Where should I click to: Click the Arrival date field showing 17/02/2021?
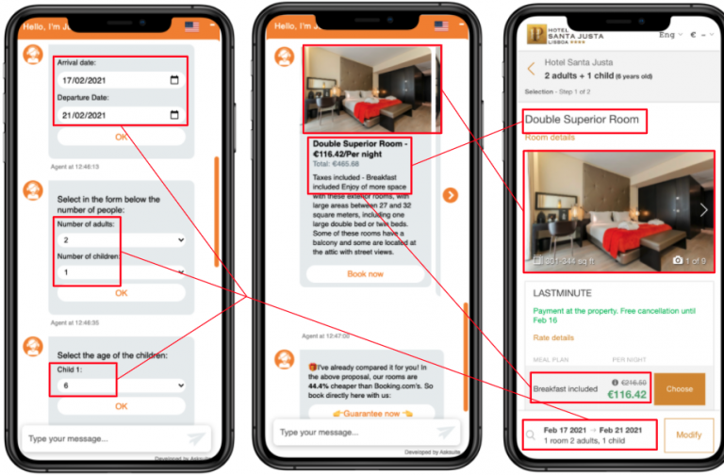(119, 80)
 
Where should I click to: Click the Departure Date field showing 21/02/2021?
(119, 115)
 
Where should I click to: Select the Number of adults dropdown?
(121, 240)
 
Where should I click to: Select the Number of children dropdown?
(121, 272)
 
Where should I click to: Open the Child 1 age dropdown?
(121, 385)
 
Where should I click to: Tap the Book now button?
(365, 273)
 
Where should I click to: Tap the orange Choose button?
(679, 388)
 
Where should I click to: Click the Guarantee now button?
(365, 412)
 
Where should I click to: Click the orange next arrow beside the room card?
(451, 195)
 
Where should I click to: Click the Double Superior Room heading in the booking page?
(583, 120)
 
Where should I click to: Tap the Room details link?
(550, 138)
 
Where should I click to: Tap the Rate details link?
(553, 337)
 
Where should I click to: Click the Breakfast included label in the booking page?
(564, 388)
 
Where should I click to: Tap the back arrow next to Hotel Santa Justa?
(532, 69)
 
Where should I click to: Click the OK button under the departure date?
(121, 137)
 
